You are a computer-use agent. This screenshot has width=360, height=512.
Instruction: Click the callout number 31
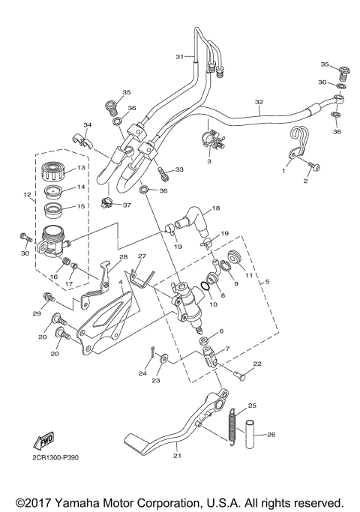[179, 57]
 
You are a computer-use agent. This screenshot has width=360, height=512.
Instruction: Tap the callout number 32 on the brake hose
[259, 103]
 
